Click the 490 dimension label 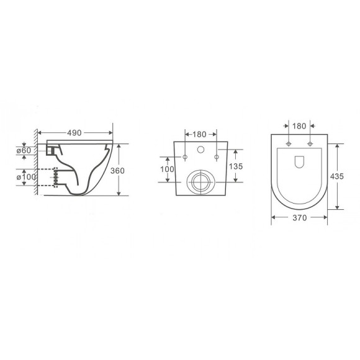[74, 133]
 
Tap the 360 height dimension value [117, 171]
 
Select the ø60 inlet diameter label [24, 151]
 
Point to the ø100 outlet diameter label [26, 177]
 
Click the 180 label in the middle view [199, 134]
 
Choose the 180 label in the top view [299, 126]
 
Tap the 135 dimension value [236, 166]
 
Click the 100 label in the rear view [167, 169]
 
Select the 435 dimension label [337, 176]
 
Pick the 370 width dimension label [300, 218]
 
